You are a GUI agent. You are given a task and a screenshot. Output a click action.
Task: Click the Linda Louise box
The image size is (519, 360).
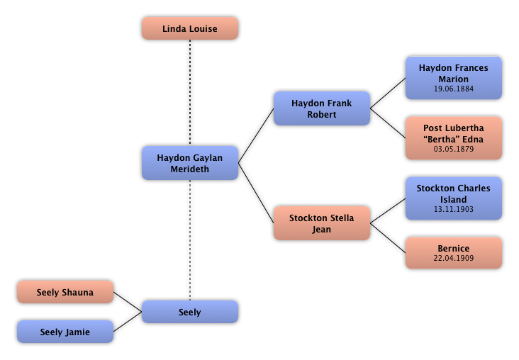tap(189, 28)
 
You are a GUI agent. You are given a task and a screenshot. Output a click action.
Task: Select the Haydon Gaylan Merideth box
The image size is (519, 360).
tap(189, 163)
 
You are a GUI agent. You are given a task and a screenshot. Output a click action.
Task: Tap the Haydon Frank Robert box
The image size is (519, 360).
tap(321, 108)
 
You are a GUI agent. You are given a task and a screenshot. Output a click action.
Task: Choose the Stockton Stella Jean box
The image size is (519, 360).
tap(321, 223)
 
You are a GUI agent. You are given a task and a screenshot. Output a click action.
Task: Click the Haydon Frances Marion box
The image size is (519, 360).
tap(453, 78)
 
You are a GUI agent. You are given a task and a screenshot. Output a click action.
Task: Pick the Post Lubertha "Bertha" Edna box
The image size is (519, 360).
tap(453, 138)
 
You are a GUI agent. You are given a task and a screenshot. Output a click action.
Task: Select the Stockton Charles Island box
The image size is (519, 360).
tap(453, 198)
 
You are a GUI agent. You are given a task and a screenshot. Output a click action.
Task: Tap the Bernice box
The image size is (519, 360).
tap(453, 253)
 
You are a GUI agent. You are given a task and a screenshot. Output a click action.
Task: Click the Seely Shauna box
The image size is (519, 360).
tap(65, 292)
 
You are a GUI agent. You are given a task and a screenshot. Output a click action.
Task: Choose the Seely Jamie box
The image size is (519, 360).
tap(65, 332)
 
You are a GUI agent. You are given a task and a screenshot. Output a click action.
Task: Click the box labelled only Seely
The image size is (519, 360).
tap(189, 312)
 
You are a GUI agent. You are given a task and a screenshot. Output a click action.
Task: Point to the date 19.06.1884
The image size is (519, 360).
tap(453, 89)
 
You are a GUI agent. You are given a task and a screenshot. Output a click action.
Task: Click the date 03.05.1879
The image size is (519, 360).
tap(453, 150)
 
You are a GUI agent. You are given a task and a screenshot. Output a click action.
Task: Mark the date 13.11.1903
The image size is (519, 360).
tap(453, 210)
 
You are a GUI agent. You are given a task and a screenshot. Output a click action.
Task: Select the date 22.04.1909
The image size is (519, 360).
tap(453, 259)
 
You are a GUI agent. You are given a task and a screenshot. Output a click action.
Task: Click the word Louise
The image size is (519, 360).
tap(202, 29)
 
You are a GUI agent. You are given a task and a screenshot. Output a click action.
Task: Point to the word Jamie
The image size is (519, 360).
tap(77, 332)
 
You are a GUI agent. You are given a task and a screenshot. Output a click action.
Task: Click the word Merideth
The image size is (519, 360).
tap(189, 169)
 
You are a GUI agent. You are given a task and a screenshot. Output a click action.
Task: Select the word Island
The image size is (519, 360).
tap(453, 200)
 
